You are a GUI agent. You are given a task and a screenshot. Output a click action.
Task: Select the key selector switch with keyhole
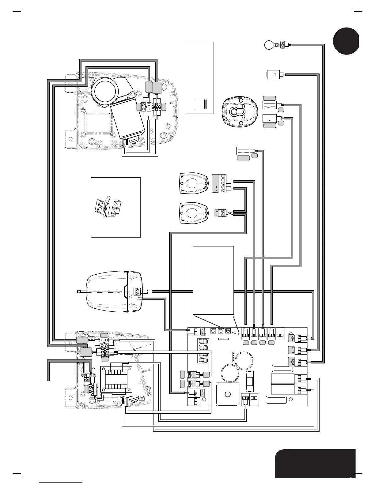(x=237, y=112)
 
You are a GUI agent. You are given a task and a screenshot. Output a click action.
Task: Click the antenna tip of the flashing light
(x=77, y=291)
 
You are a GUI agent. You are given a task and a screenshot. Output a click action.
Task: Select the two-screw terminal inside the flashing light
(x=137, y=291)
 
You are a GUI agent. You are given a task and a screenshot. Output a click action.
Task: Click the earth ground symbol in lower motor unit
(x=84, y=374)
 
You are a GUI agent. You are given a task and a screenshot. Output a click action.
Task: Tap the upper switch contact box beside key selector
(x=270, y=105)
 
